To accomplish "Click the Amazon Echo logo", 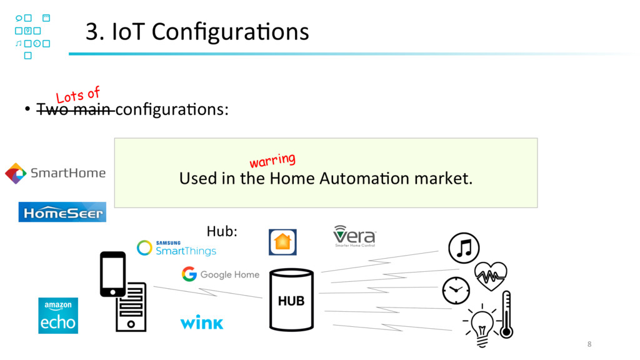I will [58, 315].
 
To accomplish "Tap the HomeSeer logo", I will [62, 212].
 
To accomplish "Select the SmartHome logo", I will [55, 173].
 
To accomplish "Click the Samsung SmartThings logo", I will [176, 248].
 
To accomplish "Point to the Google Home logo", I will [221, 274].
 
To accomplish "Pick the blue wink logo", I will [201, 322].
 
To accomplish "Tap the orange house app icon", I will [282, 242].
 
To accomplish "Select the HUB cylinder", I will [291, 300].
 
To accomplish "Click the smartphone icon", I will [112, 274].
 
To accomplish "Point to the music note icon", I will [464, 248].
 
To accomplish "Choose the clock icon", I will [456, 290].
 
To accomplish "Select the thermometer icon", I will [506, 314].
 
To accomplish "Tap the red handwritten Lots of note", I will [78, 96].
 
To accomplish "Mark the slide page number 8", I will [589, 344].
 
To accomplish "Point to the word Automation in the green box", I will [358, 179].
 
